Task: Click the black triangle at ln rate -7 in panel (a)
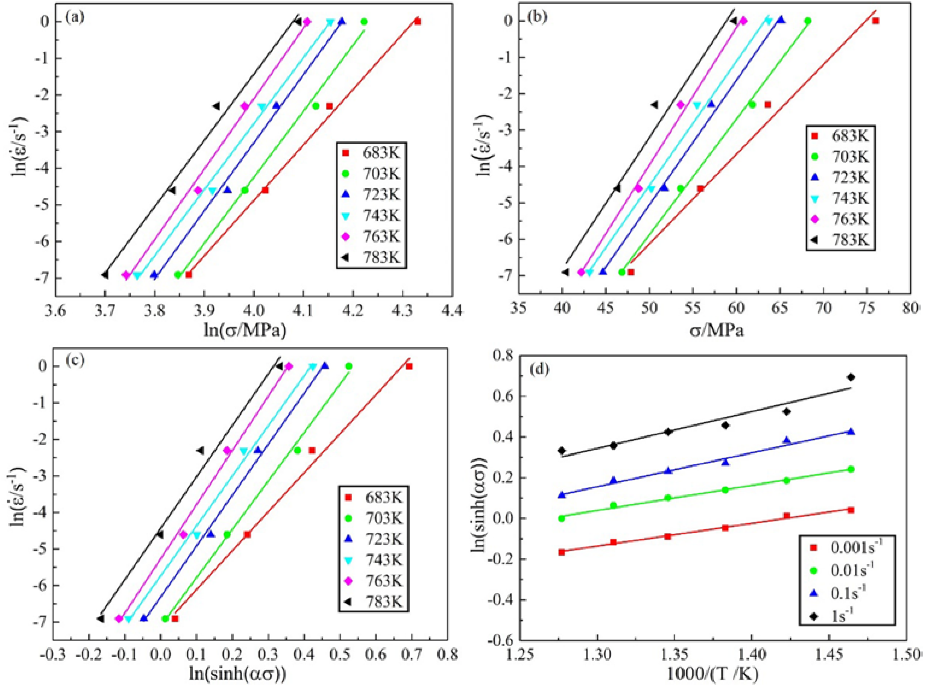[105, 275]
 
